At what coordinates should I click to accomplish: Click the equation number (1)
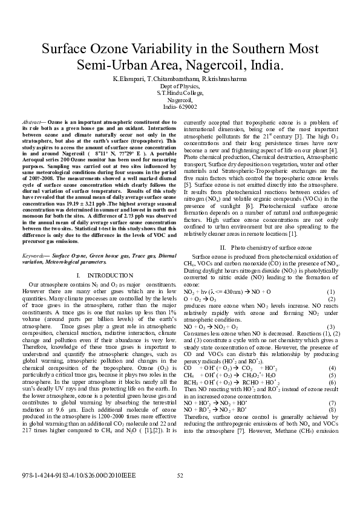click(x=332, y=291)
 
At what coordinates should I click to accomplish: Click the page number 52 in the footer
click(x=180, y=476)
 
